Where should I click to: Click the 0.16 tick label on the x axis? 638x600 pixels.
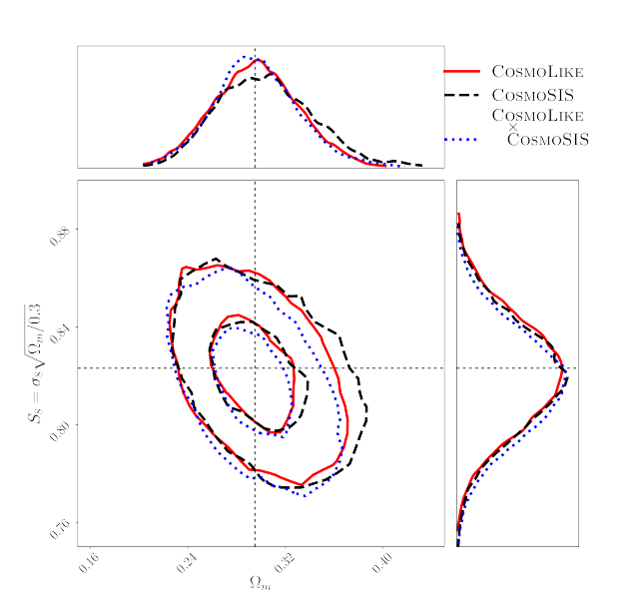click(87, 561)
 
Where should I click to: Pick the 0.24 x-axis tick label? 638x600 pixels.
click(185, 561)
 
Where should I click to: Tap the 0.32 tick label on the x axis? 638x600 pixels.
click(283, 561)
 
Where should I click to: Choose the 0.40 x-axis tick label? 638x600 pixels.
click(380, 561)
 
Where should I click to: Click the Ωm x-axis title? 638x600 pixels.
click(260, 582)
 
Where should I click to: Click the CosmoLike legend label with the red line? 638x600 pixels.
click(537, 72)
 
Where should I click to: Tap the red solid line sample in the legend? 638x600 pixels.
click(461, 72)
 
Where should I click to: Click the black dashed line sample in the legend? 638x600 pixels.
click(461, 96)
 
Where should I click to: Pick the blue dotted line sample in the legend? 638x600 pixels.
click(461, 139)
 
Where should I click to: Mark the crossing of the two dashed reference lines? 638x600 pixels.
click(255, 368)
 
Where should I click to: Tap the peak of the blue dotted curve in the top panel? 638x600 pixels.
click(245, 57)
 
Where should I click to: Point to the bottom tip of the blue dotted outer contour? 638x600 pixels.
click(306, 496)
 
